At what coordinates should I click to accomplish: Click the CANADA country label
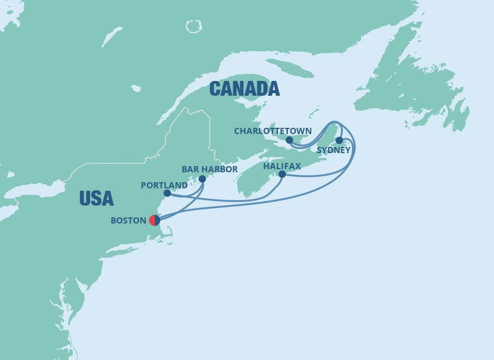tap(244, 89)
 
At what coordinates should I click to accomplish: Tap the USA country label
tap(96, 198)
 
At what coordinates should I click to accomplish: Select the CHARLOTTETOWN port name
tap(273, 130)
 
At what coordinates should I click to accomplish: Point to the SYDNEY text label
tap(333, 150)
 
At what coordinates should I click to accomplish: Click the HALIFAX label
tap(281, 165)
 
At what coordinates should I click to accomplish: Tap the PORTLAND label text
tap(164, 185)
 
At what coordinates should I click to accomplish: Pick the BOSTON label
tap(128, 220)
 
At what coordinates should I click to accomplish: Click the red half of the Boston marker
tap(152, 220)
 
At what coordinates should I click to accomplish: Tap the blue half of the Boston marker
tap(157, 220)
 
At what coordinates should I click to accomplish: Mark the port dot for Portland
tap(167, 193)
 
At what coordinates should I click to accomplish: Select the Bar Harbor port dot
tap(202, 179)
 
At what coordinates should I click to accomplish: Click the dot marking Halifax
tap(282, 174)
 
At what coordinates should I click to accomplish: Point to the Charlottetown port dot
tap(289, 140)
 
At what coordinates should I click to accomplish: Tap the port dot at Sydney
tap(339, 140)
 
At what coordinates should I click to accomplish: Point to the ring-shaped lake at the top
tap(194, 26)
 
